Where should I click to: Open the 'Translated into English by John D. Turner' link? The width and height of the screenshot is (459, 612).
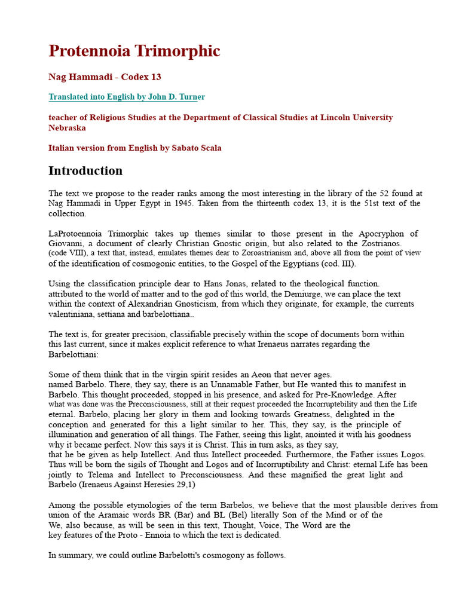point(126,97)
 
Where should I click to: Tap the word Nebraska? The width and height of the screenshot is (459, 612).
point(67,128)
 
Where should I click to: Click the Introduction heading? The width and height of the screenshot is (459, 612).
point(85,171)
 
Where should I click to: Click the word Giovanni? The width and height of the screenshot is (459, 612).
point(66,243)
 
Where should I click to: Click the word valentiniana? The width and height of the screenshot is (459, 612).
point(72,314)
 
